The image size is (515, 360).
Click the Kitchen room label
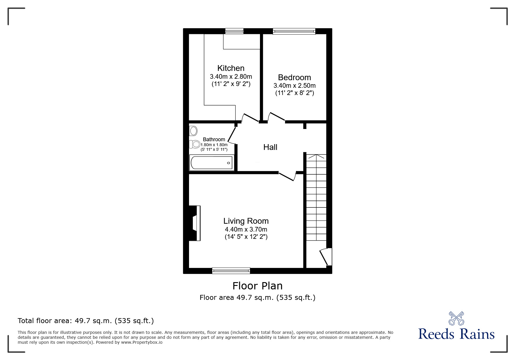tap(231, 68)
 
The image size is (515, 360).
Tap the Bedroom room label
tap(294, 77)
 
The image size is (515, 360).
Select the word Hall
tap(270, 147)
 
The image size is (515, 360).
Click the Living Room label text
tap(246, 221)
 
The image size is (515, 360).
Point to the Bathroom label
tap(214, 139)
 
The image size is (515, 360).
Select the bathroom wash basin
tap(193, 131)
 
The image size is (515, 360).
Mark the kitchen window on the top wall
tap(234, 31)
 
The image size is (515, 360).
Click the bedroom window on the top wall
tap(294, 31)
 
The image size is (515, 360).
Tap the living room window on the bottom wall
tap(231, 271)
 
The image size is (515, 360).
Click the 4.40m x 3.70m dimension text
tap(246, 229)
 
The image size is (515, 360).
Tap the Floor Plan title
tap(257, 286)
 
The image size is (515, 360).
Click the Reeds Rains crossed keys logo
tap(456, 318)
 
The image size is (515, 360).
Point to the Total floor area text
tap(86, 321)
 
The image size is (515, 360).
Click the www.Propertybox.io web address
tap(142, 342)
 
